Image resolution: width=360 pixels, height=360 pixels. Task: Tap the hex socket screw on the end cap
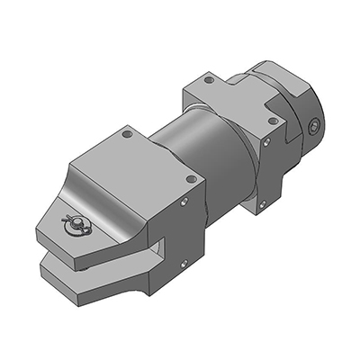point(312,128)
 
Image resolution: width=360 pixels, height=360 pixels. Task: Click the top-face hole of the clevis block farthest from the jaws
point(127,134)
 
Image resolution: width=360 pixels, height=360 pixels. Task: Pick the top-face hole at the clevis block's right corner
point(190,179)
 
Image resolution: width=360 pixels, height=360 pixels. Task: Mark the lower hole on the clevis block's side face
point(183,264)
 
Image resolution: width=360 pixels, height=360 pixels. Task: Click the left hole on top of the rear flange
point(209,80)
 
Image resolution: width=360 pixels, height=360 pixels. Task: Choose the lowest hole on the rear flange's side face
point(262,204)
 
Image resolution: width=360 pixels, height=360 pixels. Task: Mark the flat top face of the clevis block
point(135,166)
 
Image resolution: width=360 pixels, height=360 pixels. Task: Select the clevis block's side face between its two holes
point(184,232)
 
